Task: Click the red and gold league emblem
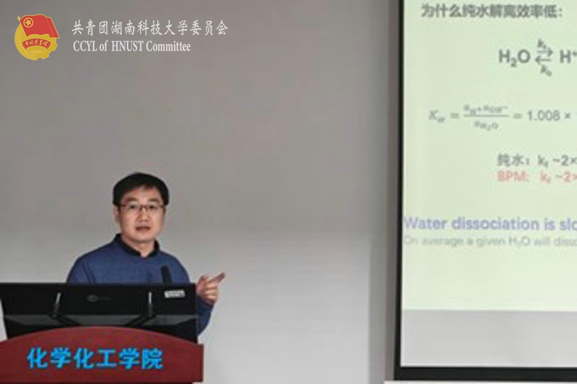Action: point(36,37)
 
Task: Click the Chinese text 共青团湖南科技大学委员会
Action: point(150,28)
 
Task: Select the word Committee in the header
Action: point(169,47)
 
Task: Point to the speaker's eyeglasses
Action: point(141,208)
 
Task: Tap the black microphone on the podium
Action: point(166,274)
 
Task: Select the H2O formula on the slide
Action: point(514,57)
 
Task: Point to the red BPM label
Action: point(510,176)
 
